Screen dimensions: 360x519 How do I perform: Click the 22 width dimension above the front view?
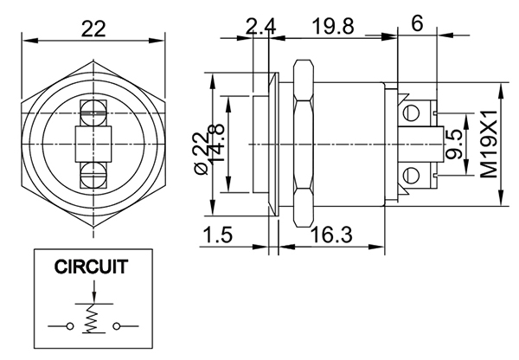(x=93, y=29)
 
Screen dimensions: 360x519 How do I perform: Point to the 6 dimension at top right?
(x=417, y=23)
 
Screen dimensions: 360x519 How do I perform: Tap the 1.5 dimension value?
(x=219, y=233)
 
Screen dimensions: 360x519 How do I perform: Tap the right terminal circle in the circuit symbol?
(x=114, y=326)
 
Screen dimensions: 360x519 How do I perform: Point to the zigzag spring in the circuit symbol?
(x=91, y=323)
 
